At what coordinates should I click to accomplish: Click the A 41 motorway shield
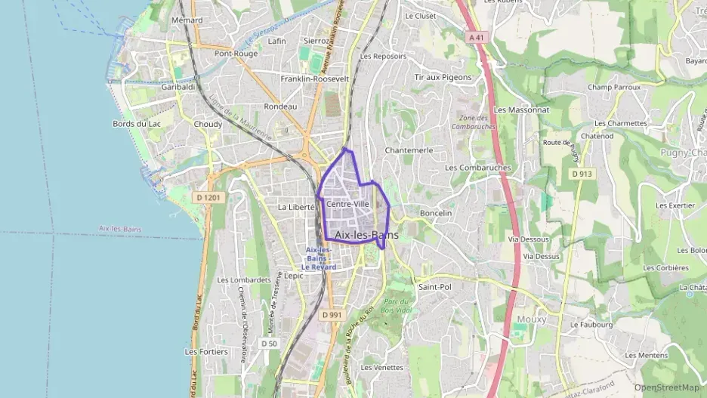476,36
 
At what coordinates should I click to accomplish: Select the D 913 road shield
580,174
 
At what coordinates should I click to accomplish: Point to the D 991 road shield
331,314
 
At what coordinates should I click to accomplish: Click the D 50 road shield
269,343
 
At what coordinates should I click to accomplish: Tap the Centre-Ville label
347,204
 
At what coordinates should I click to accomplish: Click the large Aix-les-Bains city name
366,236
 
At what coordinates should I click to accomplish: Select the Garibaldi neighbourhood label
178,88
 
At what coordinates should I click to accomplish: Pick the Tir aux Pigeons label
443,77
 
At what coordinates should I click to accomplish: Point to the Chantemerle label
409,150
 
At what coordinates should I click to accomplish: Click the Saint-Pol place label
434,287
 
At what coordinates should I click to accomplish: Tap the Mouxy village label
532,319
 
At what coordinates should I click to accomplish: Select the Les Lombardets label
244,280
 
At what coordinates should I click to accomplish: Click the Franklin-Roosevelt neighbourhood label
314,79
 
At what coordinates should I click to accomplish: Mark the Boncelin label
435,213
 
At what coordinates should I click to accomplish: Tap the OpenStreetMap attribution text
666,387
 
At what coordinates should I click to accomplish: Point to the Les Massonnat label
521,110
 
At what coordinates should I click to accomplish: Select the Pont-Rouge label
236,54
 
